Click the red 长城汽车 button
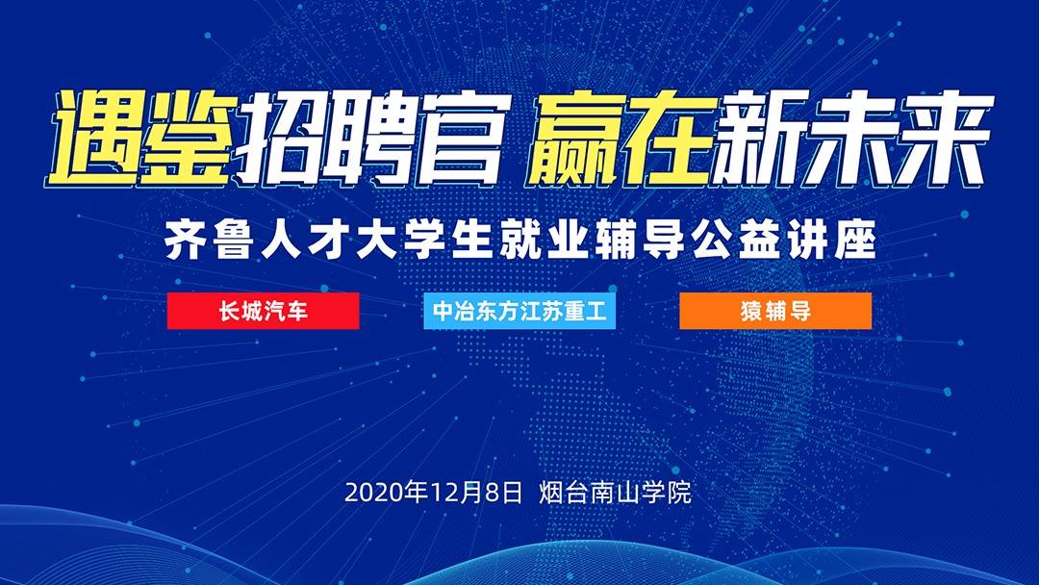[263, 311]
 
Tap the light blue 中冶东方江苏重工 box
[519, 311]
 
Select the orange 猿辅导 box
[775, 311]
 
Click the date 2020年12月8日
[433, 493]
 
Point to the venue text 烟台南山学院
[616, 493]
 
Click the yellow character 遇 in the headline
[97, 138]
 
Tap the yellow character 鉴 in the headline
[190, 138]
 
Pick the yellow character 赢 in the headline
[576, 138]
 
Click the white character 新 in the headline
[761, 138]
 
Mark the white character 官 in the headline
[463, 138]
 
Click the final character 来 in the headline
[946, 138]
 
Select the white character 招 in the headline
[281, 138]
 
